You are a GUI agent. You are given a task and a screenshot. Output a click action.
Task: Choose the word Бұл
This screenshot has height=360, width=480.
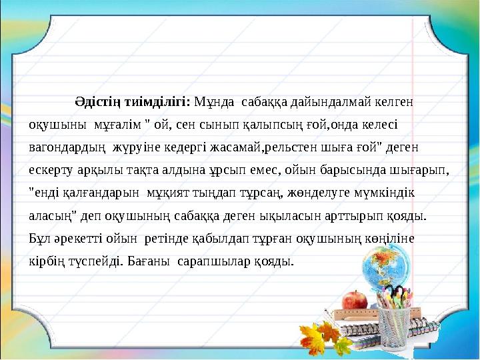click(x=38, y=238)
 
